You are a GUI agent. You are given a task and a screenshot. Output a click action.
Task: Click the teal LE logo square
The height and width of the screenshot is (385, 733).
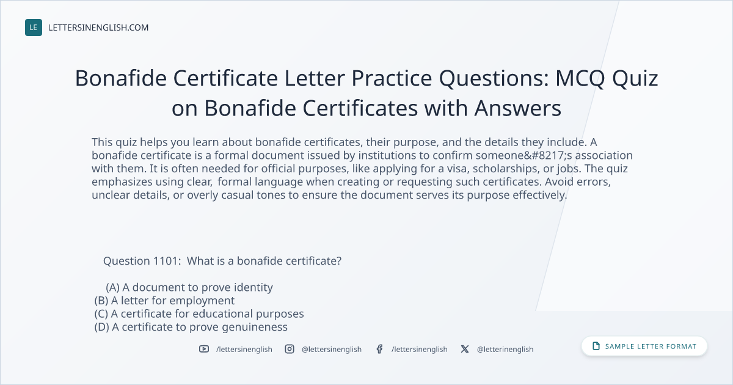[34, 28]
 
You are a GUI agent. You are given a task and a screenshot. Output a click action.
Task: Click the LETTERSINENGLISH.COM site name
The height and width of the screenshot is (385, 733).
[98, 28]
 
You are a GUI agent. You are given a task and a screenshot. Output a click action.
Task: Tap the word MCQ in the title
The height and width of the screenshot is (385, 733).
[580, 79]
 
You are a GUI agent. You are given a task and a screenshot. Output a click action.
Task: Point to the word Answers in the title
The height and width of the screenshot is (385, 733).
[518, 108]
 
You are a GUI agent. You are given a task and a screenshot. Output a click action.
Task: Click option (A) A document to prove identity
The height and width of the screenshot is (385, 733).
[189, 287]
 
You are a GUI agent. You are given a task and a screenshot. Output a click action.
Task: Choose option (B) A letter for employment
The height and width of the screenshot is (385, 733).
[164, 301]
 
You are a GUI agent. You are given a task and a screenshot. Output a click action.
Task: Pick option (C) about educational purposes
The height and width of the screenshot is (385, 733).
[199, 313]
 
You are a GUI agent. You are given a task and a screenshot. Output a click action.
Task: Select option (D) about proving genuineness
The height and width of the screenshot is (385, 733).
[191, 327]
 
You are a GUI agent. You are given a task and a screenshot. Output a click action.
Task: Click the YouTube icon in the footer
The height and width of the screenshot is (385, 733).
[204, 349]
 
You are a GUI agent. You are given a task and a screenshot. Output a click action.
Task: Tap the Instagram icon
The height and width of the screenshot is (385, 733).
[290, 349]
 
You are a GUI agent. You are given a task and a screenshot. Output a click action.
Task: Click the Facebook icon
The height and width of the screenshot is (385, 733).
[379, 349]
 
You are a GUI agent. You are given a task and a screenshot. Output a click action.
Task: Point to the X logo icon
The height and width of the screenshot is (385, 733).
[465, 349]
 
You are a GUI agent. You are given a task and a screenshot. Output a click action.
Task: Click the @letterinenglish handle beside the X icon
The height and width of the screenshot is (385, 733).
[505, 350]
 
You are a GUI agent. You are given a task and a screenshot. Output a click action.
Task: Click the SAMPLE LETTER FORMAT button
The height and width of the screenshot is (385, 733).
[644, 346]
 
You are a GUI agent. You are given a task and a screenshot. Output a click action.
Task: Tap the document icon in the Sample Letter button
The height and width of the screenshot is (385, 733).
[596, 346]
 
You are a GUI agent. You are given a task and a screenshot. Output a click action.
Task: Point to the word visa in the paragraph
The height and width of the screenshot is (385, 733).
[457, 169]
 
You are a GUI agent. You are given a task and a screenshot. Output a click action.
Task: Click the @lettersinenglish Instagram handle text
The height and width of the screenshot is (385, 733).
[332, 350]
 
